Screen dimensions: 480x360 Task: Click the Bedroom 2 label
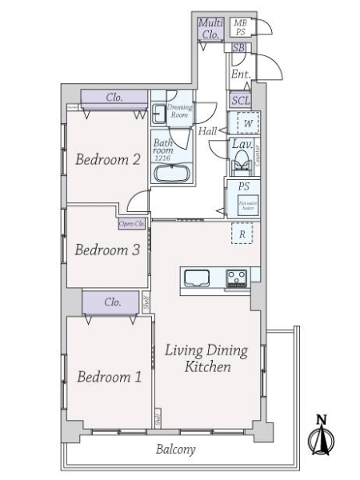(x=108, y=159)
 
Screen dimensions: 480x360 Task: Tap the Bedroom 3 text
(x=107, y=250)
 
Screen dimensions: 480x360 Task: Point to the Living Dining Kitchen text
(x=207, y=359)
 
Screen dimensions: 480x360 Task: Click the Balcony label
(x=175, y=450)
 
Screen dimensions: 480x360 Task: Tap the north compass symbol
(x=321, y=437)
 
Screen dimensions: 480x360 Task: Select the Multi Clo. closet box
(x=210, y=30)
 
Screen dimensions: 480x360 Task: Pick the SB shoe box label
(x=238, y=49)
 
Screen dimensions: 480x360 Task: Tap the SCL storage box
(x=240, y=101)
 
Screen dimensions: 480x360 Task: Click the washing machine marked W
(x=248, y=124)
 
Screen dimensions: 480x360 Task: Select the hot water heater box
(x=243, y=206)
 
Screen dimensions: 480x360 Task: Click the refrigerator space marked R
(x=242, y=234)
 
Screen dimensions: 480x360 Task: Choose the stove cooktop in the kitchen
(x=236, y=278)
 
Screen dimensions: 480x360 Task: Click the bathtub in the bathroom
(x=170, y=175)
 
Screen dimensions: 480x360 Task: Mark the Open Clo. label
(x=132, y=224)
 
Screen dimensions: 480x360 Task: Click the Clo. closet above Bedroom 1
(x=114, y=302)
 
